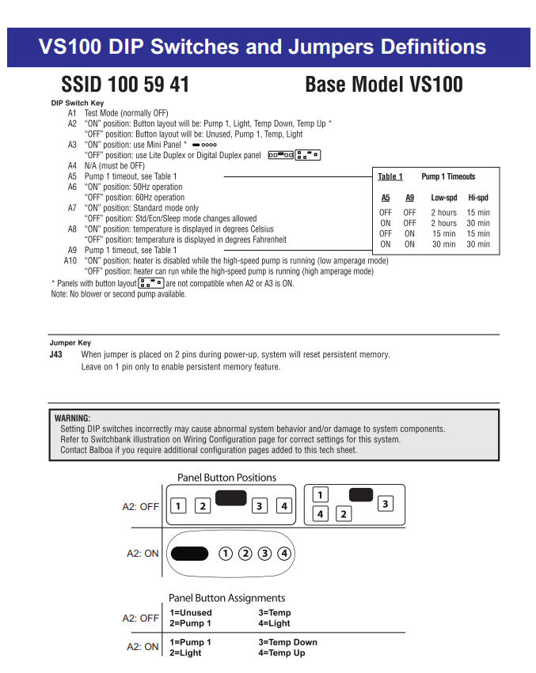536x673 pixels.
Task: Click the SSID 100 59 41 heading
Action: pyautogui.click(x=125, y=85)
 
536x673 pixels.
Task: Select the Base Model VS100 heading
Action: pyautogui.click(x=384, y=85)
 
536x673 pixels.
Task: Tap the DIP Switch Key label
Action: pyautogui.click(x=77, y=104)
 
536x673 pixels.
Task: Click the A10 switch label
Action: pyautogui.click(x=70, y=261)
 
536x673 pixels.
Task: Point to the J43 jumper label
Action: pyautogui.click(x=55, y=355)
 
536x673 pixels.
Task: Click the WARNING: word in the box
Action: pyautogui.click(x=72, y=418)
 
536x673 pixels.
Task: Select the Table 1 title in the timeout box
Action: pyautogui.click(x=390, y=177)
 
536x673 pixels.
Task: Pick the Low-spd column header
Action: pyautogui.click(x=443, y=198)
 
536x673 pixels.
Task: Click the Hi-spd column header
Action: pyautogui.click(x=478, y=198)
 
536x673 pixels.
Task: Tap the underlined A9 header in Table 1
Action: pyautogui.click(x=409, y=198)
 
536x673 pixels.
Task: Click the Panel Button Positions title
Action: pyautogui.click(x=226, y=478)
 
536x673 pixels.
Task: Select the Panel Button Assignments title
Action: pyautogui.click(x=226, y=598)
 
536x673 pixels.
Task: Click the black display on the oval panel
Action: pyautogui.click(x=190, y=553)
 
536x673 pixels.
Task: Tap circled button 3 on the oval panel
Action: pyautogui.click(x=264, y=553)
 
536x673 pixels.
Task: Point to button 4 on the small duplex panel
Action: pyautogui.click(x=320, y=514)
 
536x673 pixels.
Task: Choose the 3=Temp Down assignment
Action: pyautogui.click(x=287, y=642)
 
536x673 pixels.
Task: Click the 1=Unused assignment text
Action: pyautogui.click(x=191, y=613)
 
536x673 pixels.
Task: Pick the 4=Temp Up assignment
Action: pyautogui.click(x=281, y=652)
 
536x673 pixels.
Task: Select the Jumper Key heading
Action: pyautogui.click(x=70, y=343)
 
